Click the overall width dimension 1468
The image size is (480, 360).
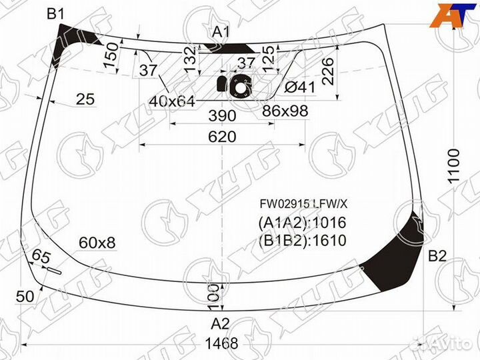(221, 344)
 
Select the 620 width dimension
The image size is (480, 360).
(222, 137)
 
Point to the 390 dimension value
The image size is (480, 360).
(222, 116)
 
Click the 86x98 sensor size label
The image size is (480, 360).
(285, 111)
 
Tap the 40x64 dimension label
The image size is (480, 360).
(172, 101)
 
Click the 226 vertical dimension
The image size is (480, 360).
(328, 70)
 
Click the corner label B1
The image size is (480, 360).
(55, 14)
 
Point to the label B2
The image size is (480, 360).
(437, 255)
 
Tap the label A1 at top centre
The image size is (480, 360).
(221, 31)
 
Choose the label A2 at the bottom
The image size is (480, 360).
(221, 324)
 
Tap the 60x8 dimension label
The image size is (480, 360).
(97, 243)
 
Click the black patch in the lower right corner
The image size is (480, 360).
(400, 257)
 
